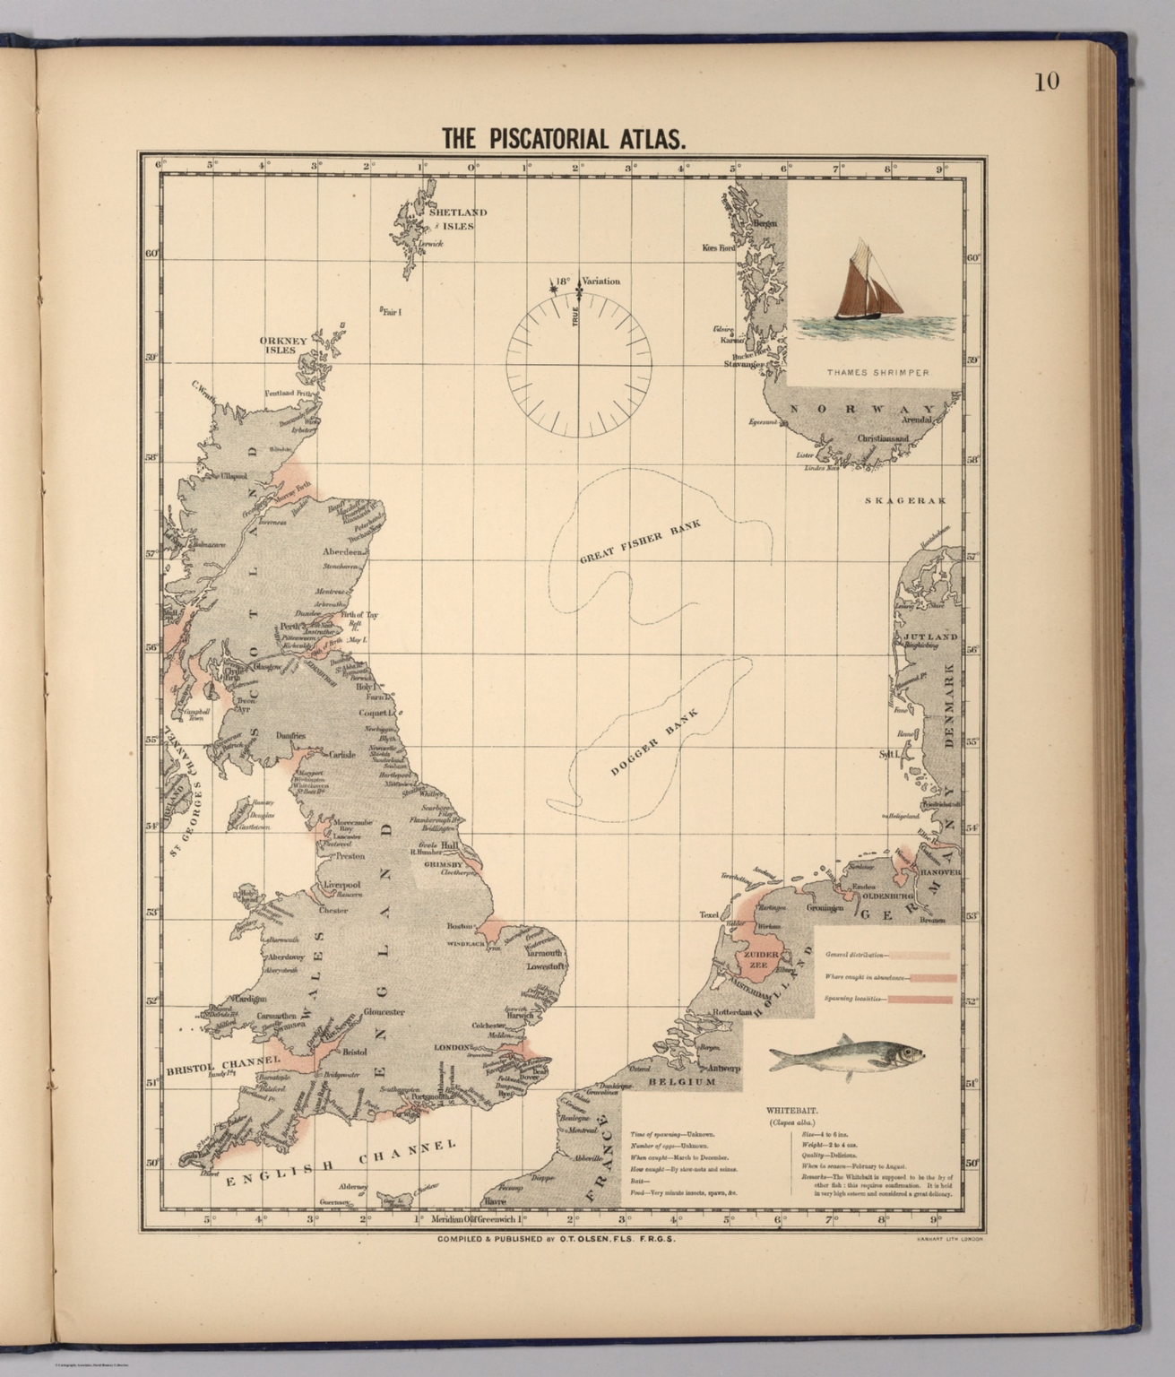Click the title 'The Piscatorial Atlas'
click(x=564, y=139)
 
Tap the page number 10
click(x=1046, y=82)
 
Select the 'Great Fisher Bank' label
click(x=639, y=541)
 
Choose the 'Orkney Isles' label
click(x=283, y=345)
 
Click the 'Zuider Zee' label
click(x=757, y=961)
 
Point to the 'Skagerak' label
click(x=904, y=500)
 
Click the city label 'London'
click(x=452, y=1047)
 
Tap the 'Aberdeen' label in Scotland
click(x=344, y=552)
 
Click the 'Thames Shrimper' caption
click(x=877, y=371)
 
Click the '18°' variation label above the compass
click(x=561, y=281)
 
